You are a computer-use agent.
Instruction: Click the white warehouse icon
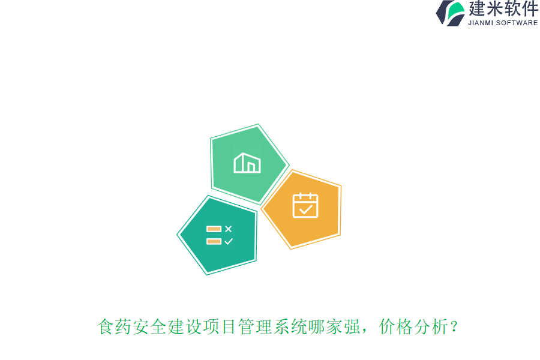(x=247, y=163)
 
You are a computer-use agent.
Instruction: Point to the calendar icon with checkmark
(x=305, y=205)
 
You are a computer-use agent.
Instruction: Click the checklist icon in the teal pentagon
(x=220, y=235)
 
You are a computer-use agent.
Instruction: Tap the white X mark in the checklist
(x=228, y=229)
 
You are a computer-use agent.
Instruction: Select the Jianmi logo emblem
(x=450, y=13)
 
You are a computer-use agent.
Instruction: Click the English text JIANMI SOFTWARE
(x=503, y=23)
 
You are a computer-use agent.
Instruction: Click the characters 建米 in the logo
(x=485, y=8)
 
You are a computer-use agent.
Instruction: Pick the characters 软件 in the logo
(x=520, y=8)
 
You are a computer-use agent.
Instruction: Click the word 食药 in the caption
(x=115, y=328)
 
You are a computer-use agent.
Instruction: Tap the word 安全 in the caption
(x=150, y=328)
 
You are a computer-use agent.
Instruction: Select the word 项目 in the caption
(x=220, y=328)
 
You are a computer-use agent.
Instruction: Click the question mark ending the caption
(x=455, y=328)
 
